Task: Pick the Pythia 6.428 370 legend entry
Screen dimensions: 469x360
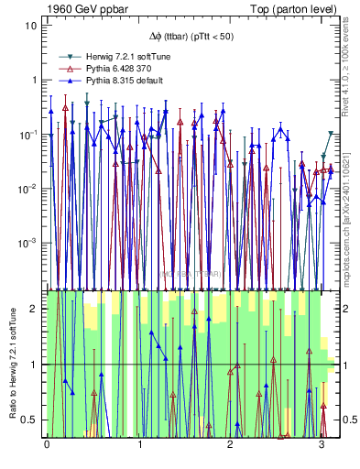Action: [x=116, y=69]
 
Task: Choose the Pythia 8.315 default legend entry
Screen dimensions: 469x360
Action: [x=120, y=81]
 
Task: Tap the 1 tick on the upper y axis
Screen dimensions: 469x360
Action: [x=34, y=80]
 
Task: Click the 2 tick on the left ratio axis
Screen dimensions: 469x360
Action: [x=34, y=309]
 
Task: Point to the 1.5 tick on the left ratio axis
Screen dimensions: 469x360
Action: [x=30, y=337]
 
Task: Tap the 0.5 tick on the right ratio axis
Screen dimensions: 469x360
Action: [x=348, y=420]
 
